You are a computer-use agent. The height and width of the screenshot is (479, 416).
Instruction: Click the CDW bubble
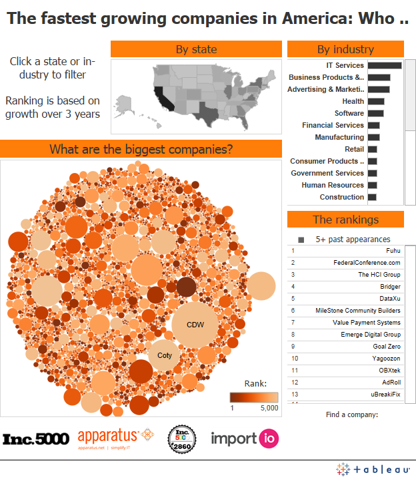[x=195, y=325]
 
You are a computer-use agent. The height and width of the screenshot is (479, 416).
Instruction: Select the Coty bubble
[x=164, y=355]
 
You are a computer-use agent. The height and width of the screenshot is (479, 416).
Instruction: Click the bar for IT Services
[x=384, y=65]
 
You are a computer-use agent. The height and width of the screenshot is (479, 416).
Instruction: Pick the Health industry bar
[x=375, y=101]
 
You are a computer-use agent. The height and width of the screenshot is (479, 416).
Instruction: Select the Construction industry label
[x=341, y=197]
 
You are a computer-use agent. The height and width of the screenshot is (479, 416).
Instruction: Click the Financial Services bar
[x=373, y=125]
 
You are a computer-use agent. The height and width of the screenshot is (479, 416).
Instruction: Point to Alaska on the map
[x=125, y=103]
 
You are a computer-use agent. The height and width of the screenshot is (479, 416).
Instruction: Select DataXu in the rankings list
[x=389, y=298]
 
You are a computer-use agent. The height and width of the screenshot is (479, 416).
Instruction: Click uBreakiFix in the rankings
[x=385, y=394]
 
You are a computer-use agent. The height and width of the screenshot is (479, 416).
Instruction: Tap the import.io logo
[x=245, y=438]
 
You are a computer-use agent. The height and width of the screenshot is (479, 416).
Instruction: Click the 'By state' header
[x=196, y=49]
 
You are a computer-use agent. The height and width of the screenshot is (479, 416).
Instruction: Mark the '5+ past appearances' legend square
[x=301, y=239]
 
